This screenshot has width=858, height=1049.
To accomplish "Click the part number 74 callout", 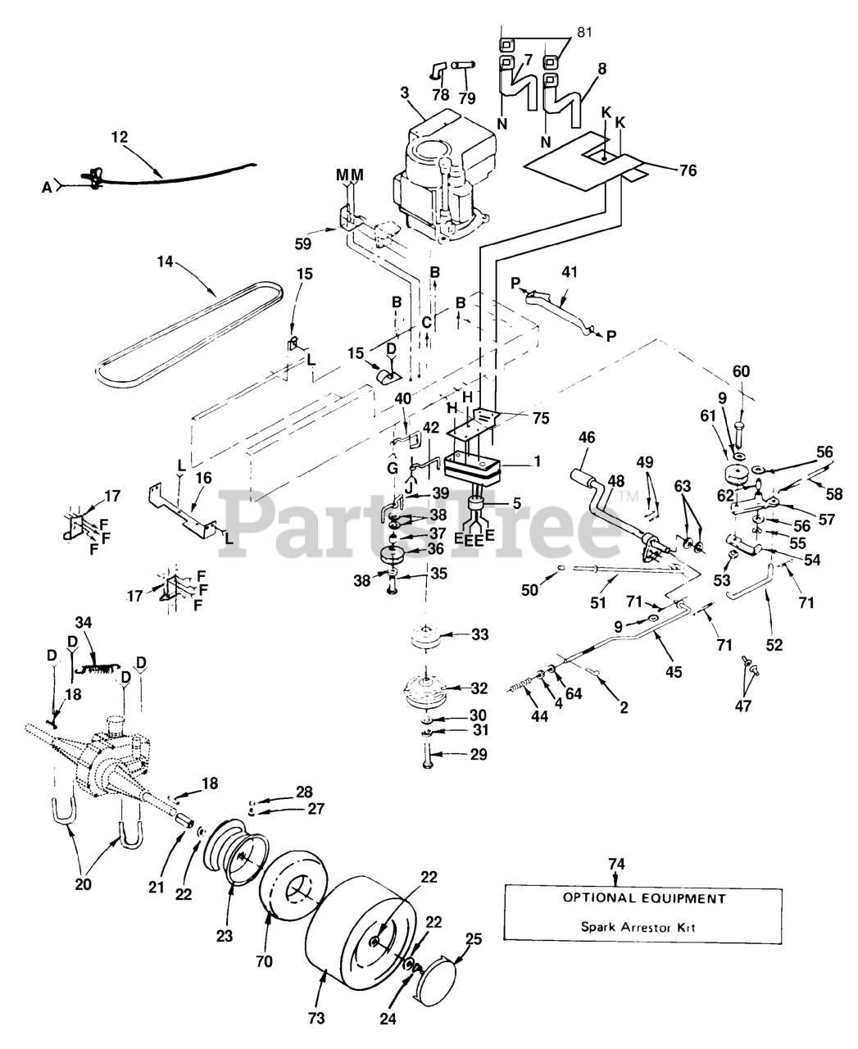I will (616, 863).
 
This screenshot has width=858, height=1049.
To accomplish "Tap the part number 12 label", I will (120, 138).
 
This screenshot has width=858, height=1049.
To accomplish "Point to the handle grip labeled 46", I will (583, 475).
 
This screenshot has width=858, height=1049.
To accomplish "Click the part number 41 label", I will (569, 272).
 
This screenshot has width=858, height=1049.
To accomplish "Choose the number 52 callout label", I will (774, 645).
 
